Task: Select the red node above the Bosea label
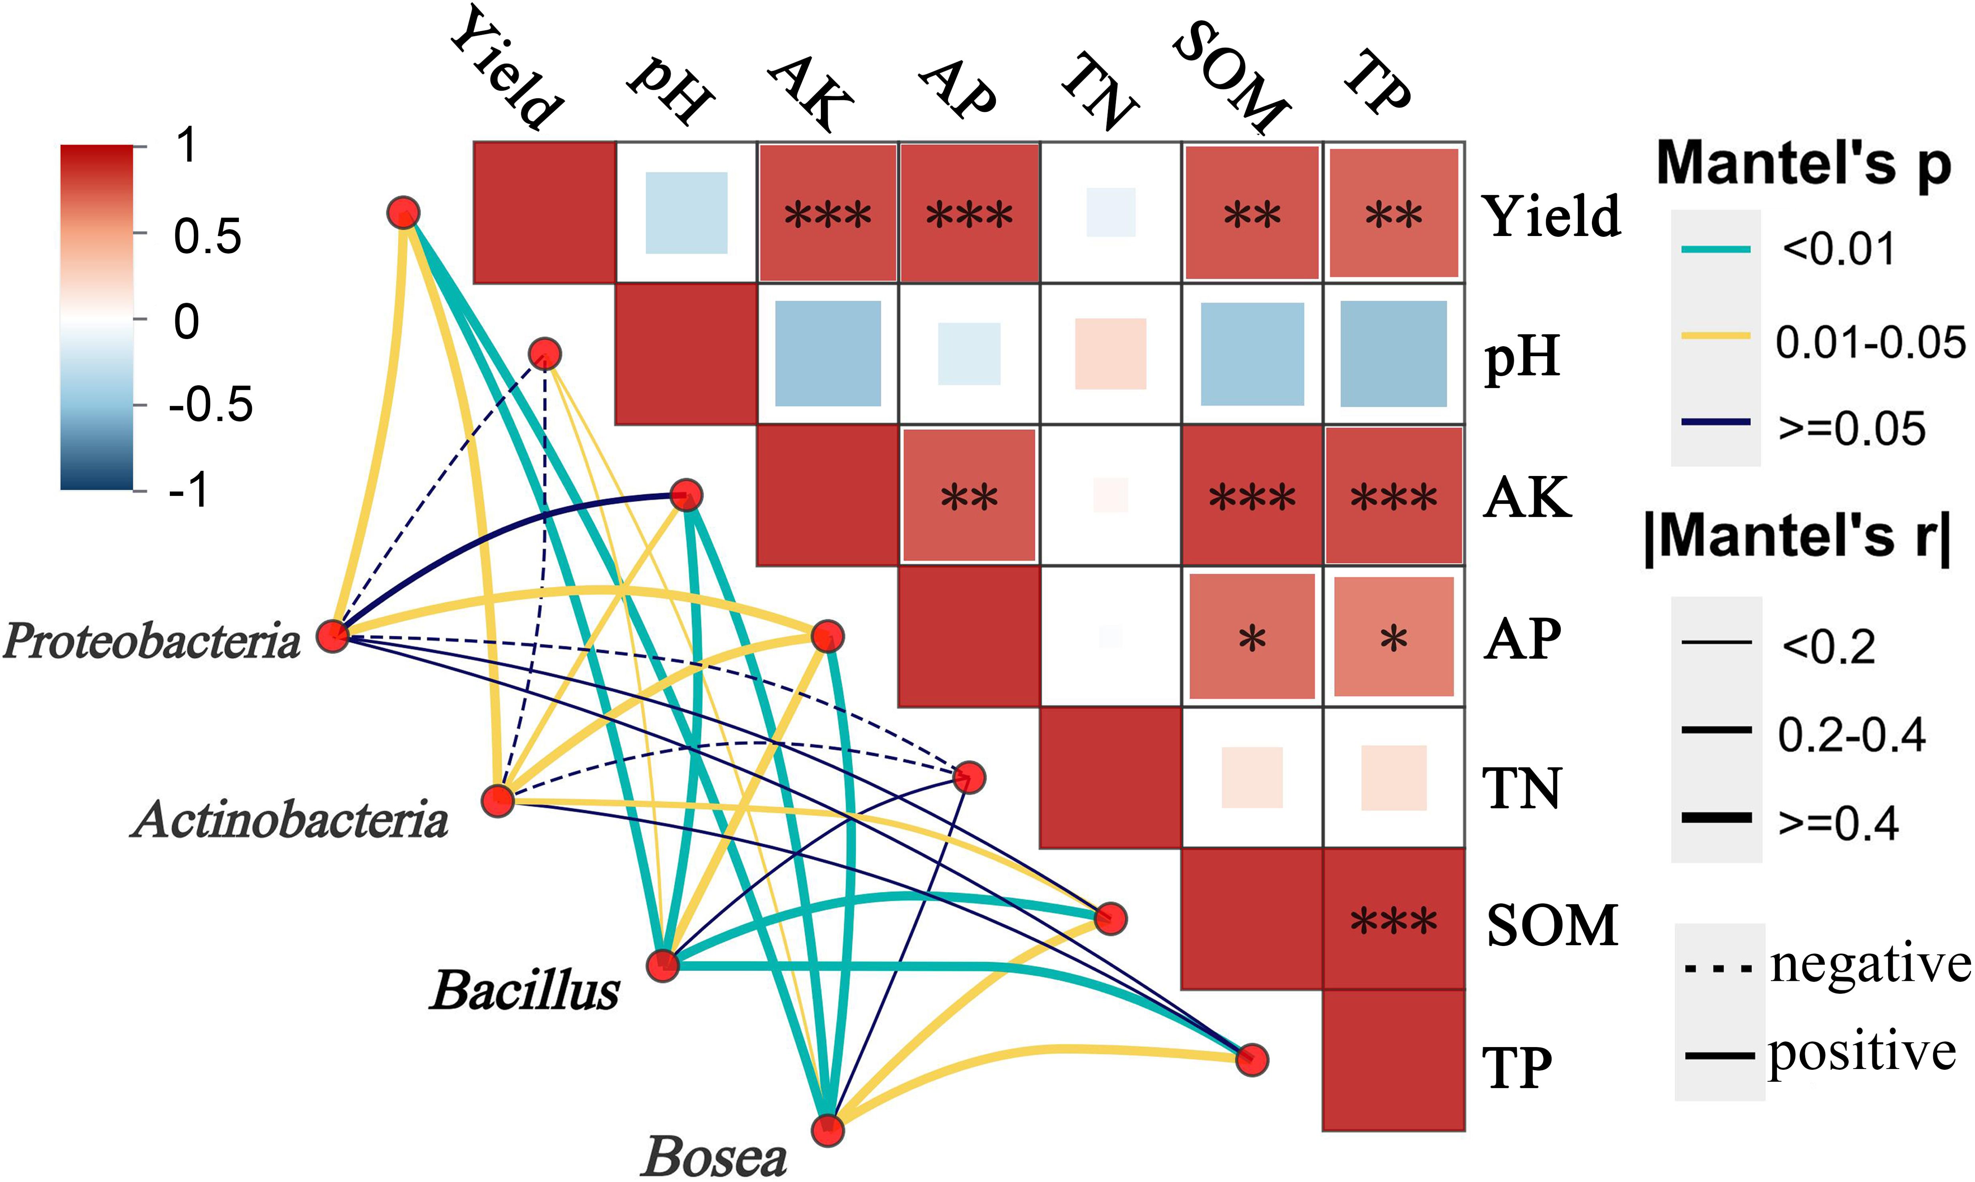tap(828, 1129)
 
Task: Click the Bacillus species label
tap(525, 991)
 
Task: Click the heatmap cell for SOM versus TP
tap(1393, 920)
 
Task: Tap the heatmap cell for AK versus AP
tap(969, 496)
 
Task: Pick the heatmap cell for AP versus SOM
tap(1252, 637)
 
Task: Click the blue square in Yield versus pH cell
tap(686, 213)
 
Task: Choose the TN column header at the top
tap(1099, 91)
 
